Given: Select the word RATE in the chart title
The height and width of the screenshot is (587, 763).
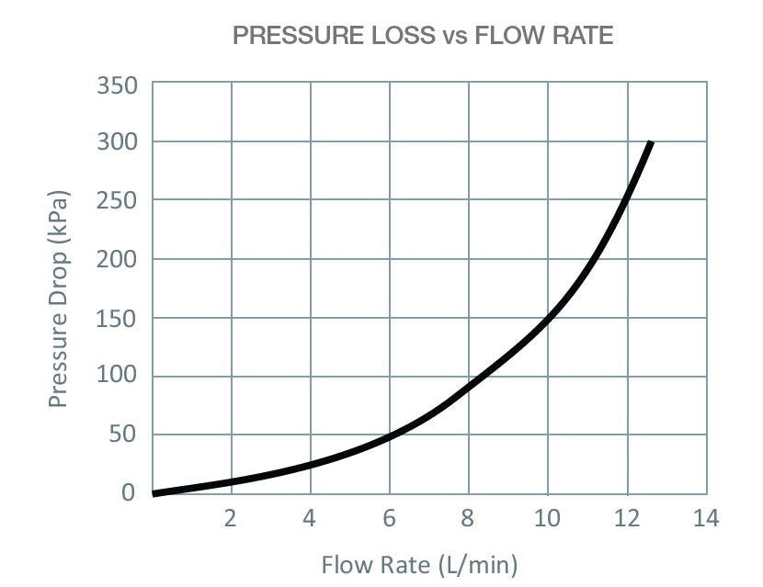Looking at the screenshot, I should [x=579, y=36].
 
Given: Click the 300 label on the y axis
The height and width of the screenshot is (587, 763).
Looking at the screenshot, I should [x=117, y=142].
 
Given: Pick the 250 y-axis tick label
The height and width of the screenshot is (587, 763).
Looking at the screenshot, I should [x=117, y=200].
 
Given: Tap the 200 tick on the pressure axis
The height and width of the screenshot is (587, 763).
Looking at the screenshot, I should [x=117, y=259].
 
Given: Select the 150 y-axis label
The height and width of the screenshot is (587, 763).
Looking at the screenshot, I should [x=117, y=318].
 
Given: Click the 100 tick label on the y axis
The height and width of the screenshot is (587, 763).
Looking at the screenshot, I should [x=117, y=376].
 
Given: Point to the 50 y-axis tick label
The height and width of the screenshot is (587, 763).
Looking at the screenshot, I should [x=123, y=435].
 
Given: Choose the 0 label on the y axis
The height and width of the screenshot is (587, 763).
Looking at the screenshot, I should [x=129, y=492].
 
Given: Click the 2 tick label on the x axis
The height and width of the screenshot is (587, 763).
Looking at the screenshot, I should [x=231, y=519].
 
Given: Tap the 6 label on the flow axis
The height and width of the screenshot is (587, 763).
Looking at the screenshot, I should [x=390, y=519].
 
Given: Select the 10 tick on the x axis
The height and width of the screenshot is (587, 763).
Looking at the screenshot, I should [x=547, y=519].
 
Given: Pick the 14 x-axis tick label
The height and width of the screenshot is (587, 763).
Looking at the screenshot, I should [x=706, y=519].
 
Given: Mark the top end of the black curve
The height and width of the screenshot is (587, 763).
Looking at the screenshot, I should [x=650, y=143].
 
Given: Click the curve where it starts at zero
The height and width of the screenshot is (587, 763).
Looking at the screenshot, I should [x=154, y=493].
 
